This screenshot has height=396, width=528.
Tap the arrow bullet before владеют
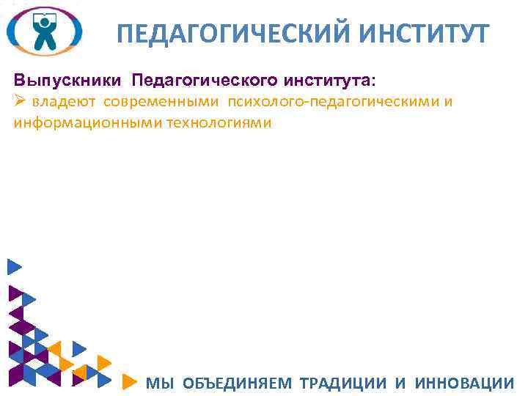click(x=20, y=100)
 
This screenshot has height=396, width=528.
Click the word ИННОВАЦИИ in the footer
click(x=464, y=383)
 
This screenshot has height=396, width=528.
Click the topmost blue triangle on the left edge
click(x=14, y=268)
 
